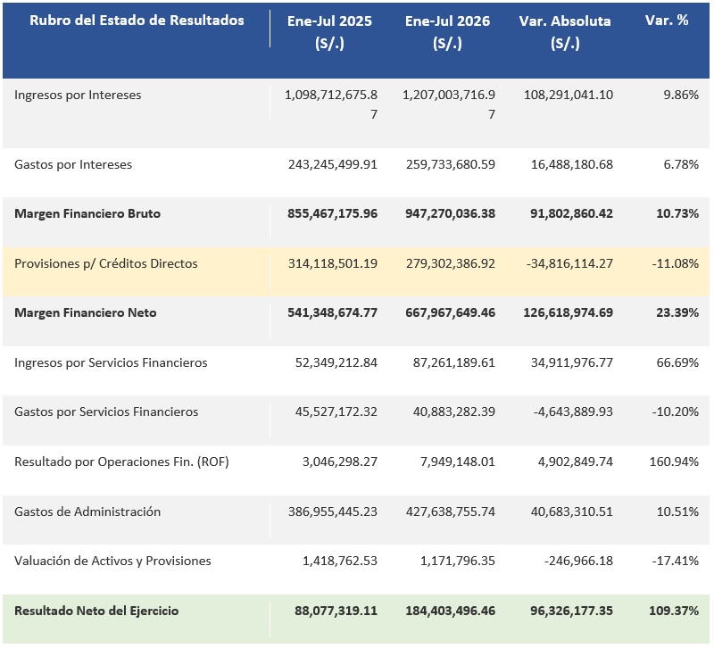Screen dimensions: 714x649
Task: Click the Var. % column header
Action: (667, 21)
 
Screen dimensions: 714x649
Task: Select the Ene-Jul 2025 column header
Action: (329, 32)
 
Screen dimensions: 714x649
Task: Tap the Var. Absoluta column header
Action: (565, 32)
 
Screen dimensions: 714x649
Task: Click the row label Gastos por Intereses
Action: (73, 164)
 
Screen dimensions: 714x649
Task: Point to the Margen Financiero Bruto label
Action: (87, 213)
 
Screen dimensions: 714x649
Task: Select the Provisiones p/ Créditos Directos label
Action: (106, 263)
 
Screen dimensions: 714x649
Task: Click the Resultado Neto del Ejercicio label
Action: (96, 611)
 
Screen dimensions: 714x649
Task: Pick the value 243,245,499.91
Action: (333, 164)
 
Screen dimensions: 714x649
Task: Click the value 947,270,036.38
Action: (451, 213)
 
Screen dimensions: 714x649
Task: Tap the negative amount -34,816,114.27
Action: (569, 263)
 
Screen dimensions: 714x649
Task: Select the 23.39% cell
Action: (677, 312)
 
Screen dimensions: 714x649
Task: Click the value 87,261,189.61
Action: (454, 362)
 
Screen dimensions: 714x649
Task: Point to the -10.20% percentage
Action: (676, 412)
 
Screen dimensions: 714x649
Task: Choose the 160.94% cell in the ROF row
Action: (674, 462)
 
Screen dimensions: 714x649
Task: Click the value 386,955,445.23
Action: (333, 512)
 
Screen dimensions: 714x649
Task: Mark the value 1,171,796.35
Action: (458, 561)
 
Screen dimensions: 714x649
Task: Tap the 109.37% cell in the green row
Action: (674, 611)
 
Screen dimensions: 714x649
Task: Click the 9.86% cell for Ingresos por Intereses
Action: (681, 95)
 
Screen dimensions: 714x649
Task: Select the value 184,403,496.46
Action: (451, 611)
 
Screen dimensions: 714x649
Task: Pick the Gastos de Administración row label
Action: (87, 512)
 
